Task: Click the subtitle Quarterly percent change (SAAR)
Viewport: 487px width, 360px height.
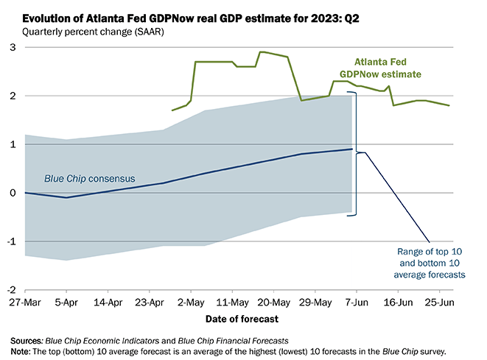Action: [x=82, y=32]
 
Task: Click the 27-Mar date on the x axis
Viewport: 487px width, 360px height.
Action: [x=26, y=302]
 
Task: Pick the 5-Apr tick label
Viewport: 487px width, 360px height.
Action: [x=67, y=302]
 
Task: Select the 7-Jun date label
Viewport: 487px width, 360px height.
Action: [x=357, y=302]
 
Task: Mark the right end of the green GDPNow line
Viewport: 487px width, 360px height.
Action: [x=449, y=105]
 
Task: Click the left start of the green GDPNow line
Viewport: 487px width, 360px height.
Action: [x=172, y=110]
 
